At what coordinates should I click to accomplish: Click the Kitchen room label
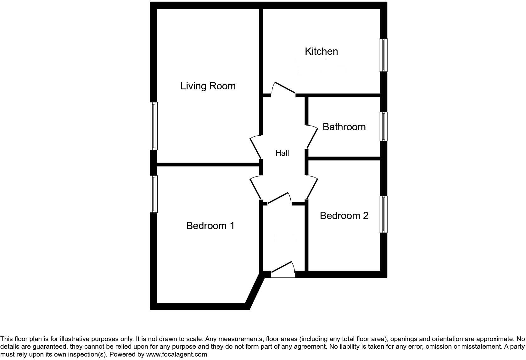[321, 51]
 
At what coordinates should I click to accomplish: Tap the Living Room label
[208, 86]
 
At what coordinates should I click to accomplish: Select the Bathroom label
[344, 127]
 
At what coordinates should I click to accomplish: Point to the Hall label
[282, 153]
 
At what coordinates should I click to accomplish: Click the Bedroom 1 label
[210, 226]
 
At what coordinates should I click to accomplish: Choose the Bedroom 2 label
[344, 216]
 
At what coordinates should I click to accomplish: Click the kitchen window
[383, 55]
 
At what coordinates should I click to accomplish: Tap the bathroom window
[383, 126]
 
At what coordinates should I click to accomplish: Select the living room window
[154, 126]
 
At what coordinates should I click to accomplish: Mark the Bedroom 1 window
[154, 194]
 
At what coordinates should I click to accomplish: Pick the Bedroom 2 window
[383, 214]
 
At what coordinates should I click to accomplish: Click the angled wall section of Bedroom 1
[255, 291]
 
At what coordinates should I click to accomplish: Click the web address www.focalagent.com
[176, 354]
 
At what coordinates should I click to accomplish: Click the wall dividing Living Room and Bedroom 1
[208, 164]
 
